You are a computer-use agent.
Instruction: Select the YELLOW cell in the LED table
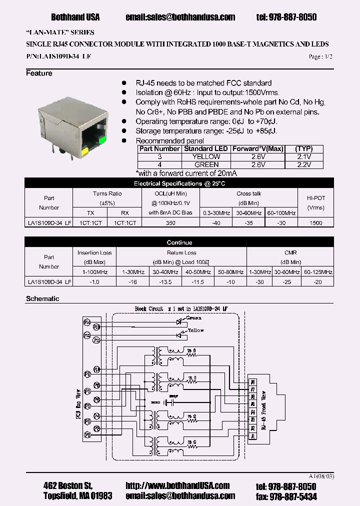coord(206,156)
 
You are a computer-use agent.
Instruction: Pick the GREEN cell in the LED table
coord(206,164)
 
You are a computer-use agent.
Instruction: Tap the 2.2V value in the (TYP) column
coord(303,164)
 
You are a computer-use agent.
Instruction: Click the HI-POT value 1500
coord(316,223)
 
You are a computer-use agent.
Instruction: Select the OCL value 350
coord(170,223)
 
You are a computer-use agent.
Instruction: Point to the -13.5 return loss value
coord(166,282)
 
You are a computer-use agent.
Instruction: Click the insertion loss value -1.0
coord(94,282)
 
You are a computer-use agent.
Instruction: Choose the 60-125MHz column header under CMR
coord(318,271)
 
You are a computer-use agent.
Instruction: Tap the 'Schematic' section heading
coord(42,298)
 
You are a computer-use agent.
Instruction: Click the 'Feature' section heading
coord(39,73)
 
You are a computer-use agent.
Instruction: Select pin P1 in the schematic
coord(87,435)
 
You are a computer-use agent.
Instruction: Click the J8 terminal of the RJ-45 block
coord(253,382)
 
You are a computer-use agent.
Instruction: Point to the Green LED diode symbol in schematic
coord(179,322)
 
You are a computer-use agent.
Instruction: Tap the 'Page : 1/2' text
coord(320,57)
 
